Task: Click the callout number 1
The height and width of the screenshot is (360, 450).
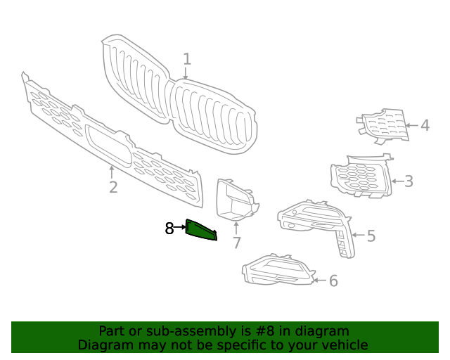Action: pyautogui.click(x=187, y=59)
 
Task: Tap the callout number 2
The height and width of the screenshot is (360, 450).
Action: pyautogui.click(x=112, y=187)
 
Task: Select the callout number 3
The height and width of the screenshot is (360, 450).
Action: pyautogui.click(x=408, y=181)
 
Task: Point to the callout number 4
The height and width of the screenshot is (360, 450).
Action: pyautogui.click(x=425, y=126)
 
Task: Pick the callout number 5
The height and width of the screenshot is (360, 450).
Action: pyautogui.click(x=371, y=236)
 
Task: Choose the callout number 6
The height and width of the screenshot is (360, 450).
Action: pyautogui.click(x=333, y=281)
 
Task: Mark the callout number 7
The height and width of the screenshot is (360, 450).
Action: pyautogui.click(x=237, y=243)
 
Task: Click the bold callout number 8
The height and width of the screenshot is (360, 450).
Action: pyautogui.click(x=169, y=228)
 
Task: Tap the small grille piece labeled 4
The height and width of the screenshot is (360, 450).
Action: pyautogui.click(x=383, y=125)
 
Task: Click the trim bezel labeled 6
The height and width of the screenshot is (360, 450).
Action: pyautogui.click(x=278, y=271)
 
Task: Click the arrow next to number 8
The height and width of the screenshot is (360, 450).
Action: pyautogui.click(x=180, y=228)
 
